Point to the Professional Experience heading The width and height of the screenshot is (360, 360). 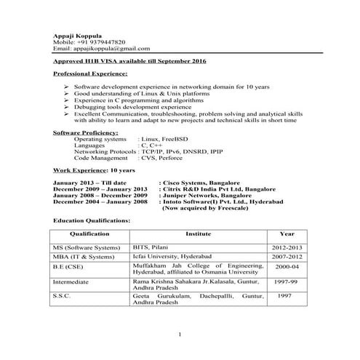91,74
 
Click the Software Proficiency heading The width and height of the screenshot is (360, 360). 86,133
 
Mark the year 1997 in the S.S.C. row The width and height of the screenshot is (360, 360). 285,296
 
